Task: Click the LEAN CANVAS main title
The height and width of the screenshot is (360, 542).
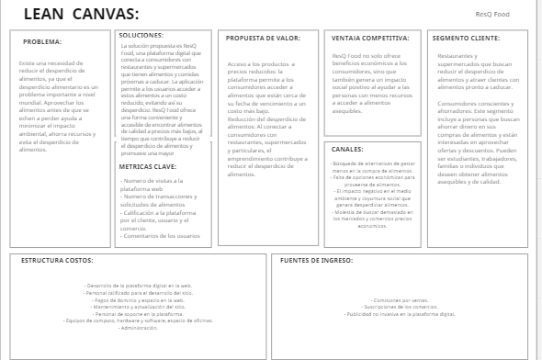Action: [81, 14]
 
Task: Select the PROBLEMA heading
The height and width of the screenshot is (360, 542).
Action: [42, 41]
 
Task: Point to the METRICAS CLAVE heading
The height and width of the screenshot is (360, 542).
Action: [148, 167]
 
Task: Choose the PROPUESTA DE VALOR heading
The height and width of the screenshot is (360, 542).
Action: [263, 39]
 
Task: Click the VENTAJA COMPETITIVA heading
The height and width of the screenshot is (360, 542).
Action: [369, 39]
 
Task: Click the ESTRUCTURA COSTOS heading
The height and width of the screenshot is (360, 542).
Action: [56, 260]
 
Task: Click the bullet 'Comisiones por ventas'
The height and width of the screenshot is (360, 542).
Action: [399, 299]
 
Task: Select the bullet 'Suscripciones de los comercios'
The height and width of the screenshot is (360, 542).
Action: [399, 307]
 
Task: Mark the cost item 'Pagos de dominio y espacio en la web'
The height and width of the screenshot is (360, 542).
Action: [139, 299]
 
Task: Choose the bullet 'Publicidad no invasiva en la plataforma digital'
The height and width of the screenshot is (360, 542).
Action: [399, 314]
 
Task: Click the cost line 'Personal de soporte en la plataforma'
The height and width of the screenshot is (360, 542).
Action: [139, 314]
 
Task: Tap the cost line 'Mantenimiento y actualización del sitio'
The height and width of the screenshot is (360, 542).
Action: [139, 307]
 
